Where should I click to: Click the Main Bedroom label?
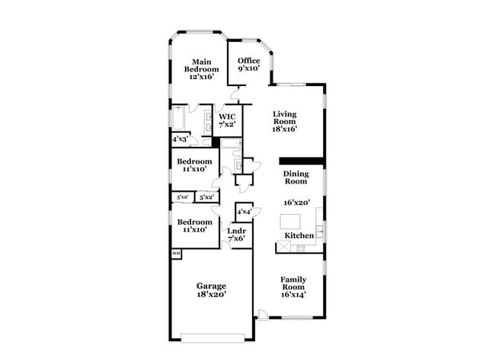pyautogui.click(x=201, y=69)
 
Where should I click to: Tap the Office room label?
pyautogui.click(x=249, y=64)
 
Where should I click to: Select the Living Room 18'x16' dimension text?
pyautogui.click(x=284, y=129)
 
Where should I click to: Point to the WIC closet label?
pyautogui.click(x=227, y=120)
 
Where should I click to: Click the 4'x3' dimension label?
pyautogui.click(x=180, y=139)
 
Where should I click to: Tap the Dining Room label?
pyautogui.click(x=295, y=177)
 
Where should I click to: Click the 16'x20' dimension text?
pyautogui.click(x=298, y=202)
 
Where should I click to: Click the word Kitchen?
pyautogui.click(x=299, y=237)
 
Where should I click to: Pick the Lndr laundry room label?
pyautogui.click(x=235, y=234)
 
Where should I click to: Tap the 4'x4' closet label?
pyautogui.click(x=244, y=212)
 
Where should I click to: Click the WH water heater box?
pyautogui.click(x=176, y=253)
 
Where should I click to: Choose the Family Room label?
pyautogui.click(x=293, y=285)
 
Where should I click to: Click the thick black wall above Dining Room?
pyautogui.click(x=302, y=161)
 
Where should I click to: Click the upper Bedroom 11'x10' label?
pyautogui.click(x=194, y=165)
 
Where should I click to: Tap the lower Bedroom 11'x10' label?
pyautogui.click(x=194, y=225)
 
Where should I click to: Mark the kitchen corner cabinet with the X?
pyautogui.click(x=281, y=248)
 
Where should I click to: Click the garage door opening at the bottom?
pyautogui.click(x=212, y=338)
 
